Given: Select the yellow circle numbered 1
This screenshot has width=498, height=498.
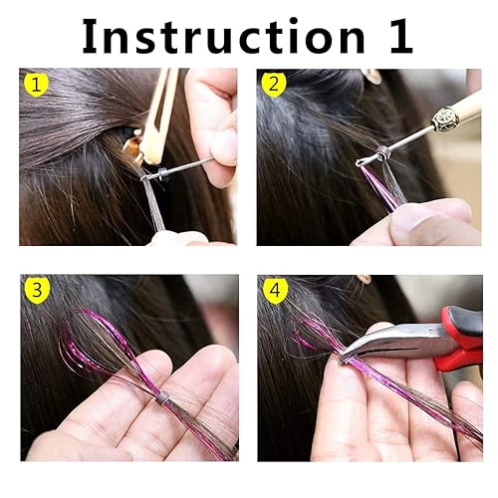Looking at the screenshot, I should click(37, 86).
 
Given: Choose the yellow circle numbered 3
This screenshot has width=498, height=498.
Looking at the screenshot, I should click(37, 292).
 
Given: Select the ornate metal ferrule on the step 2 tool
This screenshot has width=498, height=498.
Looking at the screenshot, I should click(441, 121).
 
